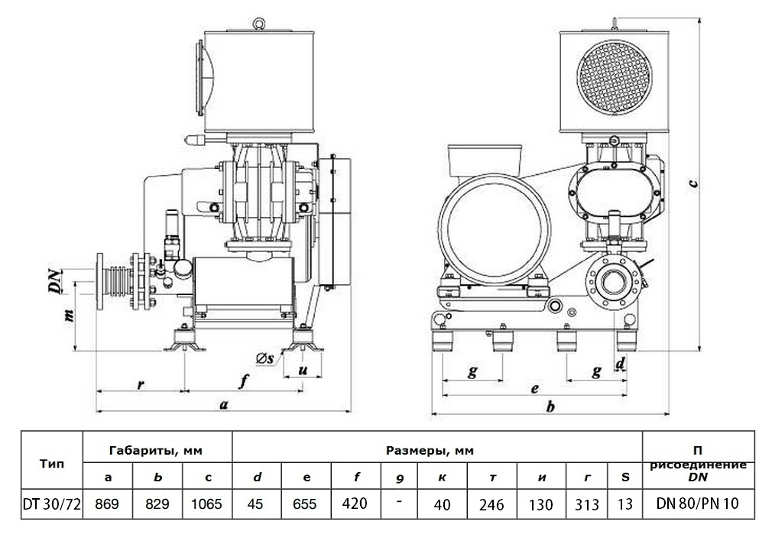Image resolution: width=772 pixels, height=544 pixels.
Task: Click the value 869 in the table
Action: (x=107, y=504)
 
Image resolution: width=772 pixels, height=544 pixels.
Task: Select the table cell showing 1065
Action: (x=207, y=504)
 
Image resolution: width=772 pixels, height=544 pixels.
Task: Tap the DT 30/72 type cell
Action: (x=51, y=504)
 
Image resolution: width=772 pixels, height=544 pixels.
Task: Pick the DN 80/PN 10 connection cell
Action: (x=697, y=504)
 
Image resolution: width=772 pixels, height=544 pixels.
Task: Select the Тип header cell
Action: (x=51, y=463)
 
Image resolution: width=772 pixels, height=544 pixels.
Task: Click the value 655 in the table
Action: (x=307, y=504)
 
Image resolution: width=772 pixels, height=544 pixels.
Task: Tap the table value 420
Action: (x=356, y=504)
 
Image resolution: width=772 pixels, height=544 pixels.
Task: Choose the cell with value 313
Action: (x=586, y=504)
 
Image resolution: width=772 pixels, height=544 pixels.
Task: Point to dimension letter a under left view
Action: (x=223, y=405)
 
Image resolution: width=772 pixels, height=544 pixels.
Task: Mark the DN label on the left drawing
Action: (x=54, y=280)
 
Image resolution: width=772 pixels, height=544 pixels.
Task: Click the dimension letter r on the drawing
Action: (x=140, y=384)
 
